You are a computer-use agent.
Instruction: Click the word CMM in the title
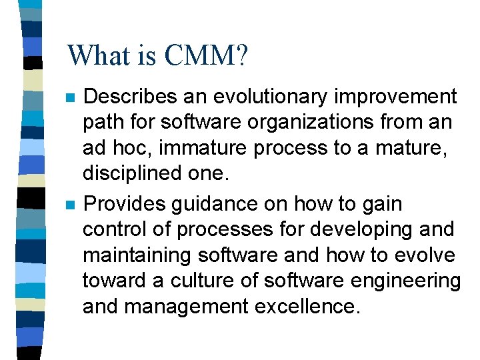[201, 55]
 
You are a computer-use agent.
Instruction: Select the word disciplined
[129, 175]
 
